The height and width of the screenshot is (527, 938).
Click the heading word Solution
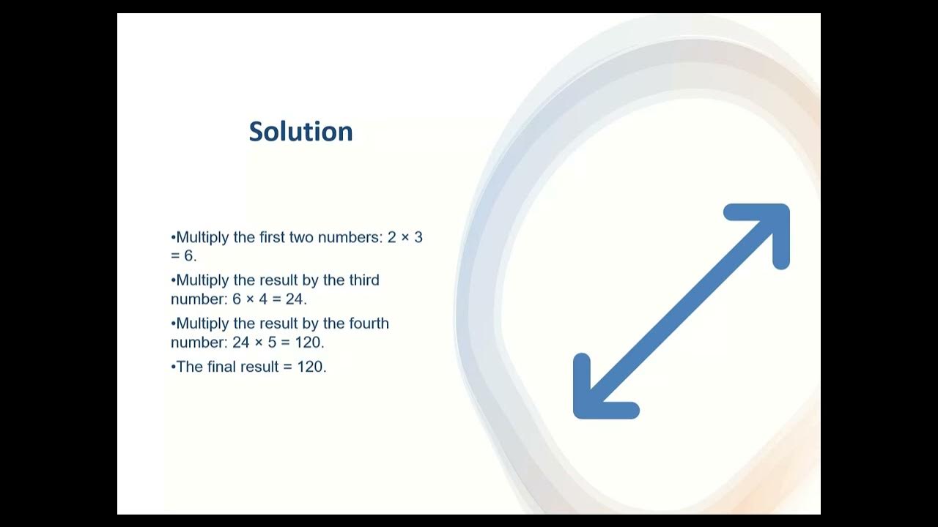tap(300, 132)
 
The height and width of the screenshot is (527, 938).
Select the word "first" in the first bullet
tap(272, 238)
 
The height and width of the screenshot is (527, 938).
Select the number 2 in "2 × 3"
tap(392, 238)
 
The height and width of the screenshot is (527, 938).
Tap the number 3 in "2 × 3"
tap(418, 238)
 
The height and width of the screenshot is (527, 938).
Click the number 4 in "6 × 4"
tap(264, 299)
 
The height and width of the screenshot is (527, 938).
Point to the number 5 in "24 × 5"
tap(273, 343)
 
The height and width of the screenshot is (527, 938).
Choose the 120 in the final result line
tap(311, 367)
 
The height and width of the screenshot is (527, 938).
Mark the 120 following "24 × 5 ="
tap(308, 343)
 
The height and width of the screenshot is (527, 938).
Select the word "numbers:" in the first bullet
tap(352, 238)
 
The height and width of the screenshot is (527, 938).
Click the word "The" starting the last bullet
tap(189, 367)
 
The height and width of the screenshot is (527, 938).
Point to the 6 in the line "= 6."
tap(189, 257)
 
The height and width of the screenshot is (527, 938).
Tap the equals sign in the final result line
tap(288, 367)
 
